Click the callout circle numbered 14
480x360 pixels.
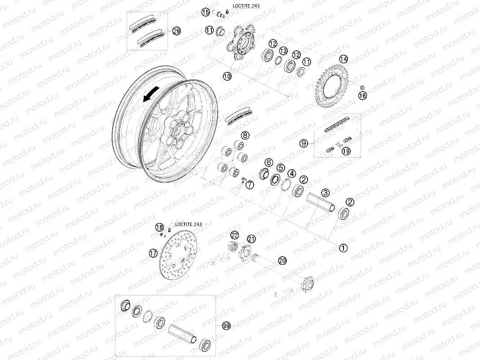[343, 59]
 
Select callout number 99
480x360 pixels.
[226, 326]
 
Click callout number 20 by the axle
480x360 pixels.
[282, 260]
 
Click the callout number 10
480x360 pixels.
[227, 76]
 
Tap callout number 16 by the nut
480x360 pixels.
[362, 95]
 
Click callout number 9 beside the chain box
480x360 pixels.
[304, 143]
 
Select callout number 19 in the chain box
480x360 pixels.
[346, 151]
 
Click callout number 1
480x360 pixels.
[343, 247]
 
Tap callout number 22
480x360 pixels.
[235, 235]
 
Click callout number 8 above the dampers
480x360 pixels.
[245, 135]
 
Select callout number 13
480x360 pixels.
[284, 51]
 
